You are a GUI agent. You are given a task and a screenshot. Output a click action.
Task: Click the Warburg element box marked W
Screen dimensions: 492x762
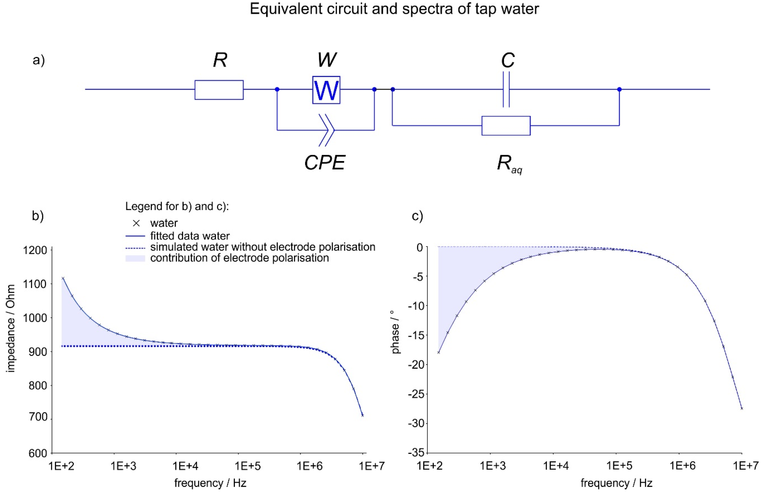click(326, 90)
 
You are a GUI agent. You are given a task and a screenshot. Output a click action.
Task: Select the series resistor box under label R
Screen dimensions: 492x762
click(219, 90)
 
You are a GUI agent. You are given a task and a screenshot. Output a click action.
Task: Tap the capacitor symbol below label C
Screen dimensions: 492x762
click(506, 89)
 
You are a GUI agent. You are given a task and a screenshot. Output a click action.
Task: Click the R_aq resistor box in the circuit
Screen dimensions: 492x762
click(506, 126)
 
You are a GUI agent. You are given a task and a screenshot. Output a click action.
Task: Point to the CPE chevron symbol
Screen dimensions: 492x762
click(327, 130)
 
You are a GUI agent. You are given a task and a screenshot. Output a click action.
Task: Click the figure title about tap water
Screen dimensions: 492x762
click(394, 9)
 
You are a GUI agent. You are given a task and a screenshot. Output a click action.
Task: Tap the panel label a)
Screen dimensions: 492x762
click(39, 60)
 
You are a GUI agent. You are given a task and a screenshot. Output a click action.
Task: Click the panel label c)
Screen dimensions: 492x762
click(417, 216)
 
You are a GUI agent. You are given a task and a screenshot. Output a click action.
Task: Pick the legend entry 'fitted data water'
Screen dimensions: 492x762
click(190, 236)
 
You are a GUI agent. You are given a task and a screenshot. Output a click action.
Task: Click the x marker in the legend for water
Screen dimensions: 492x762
click(136, 223)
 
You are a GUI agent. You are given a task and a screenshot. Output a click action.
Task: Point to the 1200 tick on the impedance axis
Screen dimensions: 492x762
click(35, 250)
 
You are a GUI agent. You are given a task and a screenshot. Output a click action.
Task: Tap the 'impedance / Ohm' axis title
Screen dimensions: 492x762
click(11, 328)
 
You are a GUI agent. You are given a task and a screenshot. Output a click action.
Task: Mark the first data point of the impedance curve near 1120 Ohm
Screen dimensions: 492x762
click(63, 278)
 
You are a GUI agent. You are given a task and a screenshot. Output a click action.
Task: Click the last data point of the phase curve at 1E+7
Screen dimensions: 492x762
click(742, 408)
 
